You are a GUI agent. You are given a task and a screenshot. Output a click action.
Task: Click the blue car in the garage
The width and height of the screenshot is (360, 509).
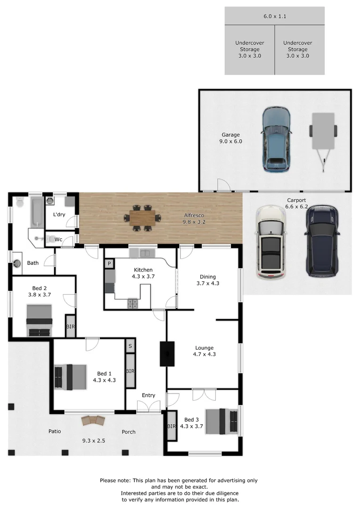click(276, 140)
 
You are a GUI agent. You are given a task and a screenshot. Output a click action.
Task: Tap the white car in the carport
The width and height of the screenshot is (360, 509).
click(270, 243)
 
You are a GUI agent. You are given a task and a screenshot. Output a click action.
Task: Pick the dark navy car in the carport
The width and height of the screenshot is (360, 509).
click(322, 241)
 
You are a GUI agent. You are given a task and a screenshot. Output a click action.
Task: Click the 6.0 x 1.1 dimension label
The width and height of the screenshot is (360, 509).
click(275, 16)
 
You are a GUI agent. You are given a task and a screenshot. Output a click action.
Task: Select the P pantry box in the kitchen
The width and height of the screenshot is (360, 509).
click(109, 264)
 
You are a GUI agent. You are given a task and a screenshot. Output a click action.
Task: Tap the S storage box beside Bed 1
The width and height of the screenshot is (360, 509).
click(130, 345)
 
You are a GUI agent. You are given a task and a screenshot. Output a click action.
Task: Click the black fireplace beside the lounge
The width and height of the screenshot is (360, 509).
click(167, 353)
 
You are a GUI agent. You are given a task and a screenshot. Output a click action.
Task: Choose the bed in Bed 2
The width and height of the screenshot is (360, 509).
click(39, 320)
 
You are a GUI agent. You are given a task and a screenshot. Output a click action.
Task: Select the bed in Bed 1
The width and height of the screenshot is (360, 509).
click(70, 377)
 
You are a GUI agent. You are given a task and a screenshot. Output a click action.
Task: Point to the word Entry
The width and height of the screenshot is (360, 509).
click(148, 395)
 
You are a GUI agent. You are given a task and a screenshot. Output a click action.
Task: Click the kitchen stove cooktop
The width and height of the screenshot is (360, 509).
click(132, 304)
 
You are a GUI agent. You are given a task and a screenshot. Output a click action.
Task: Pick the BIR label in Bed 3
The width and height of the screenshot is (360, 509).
click(171, 426)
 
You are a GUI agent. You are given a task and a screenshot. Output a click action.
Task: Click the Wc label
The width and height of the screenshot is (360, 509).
click(58, 239)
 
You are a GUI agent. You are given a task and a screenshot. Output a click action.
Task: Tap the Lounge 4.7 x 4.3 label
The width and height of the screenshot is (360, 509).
click(205, 351)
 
